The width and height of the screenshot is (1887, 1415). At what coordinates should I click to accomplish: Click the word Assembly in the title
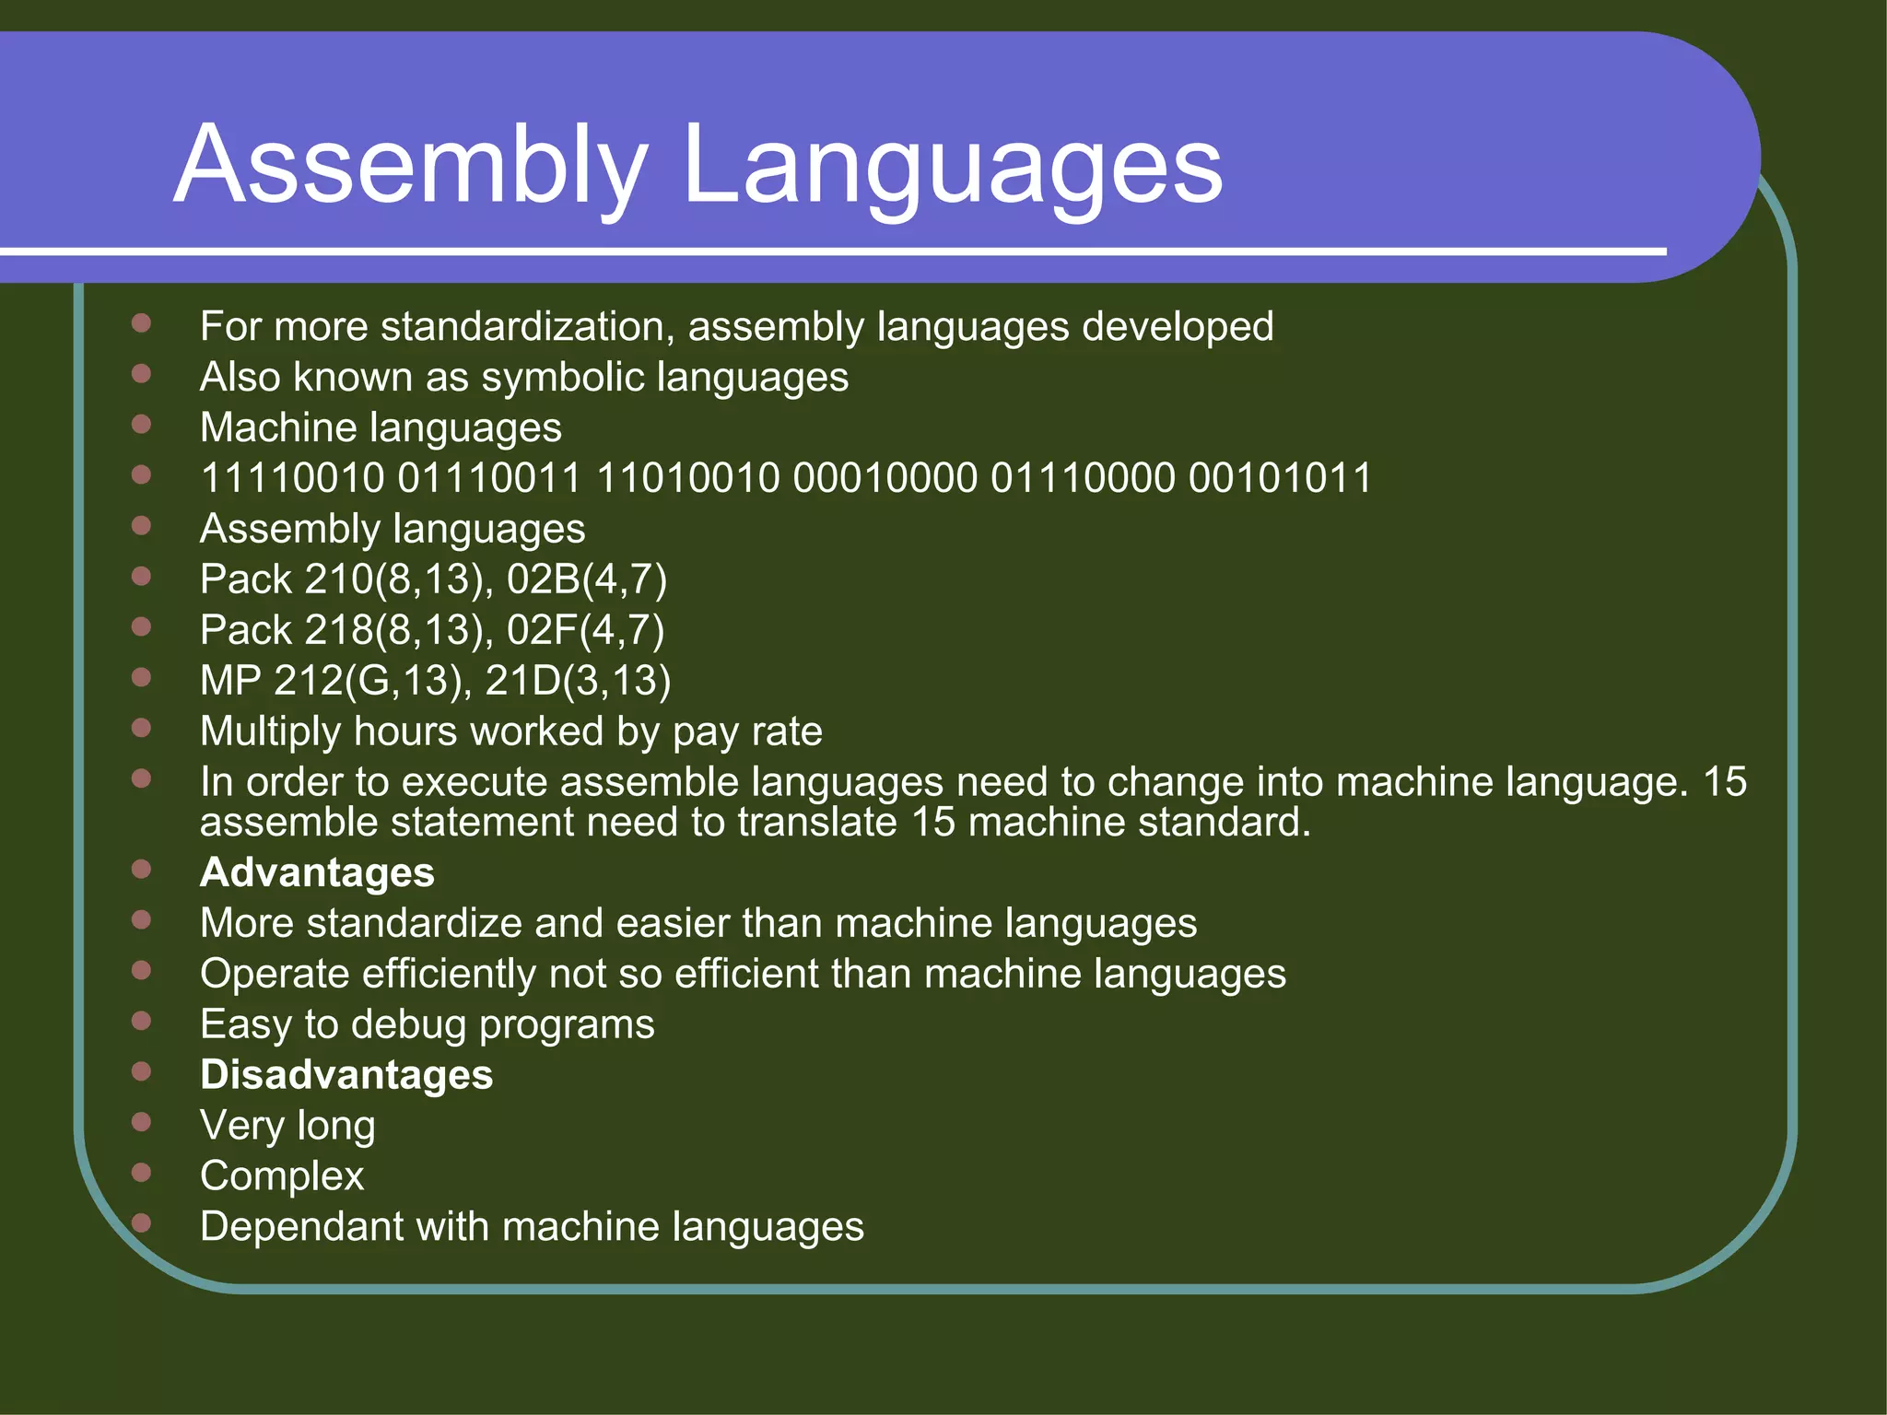(410, 166)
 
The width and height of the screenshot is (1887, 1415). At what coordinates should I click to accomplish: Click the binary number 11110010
(292, 478)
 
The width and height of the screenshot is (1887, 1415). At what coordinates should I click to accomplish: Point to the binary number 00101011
(1280, 478)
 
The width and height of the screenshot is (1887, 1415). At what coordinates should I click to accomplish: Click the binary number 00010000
(885, 478)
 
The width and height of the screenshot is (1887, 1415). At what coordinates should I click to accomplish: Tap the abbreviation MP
(230, 681)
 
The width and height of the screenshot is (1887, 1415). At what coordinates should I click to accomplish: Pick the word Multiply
(270, 732)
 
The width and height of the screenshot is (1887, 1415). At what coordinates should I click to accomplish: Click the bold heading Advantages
(317, 872)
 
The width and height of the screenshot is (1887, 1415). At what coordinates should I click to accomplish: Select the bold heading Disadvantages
(346, 1075)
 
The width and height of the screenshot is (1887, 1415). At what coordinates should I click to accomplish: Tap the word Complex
(282, 1176)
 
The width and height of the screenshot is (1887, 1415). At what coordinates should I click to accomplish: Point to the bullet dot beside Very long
(141, 1121)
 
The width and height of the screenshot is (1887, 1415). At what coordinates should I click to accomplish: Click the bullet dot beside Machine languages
(141, 424)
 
